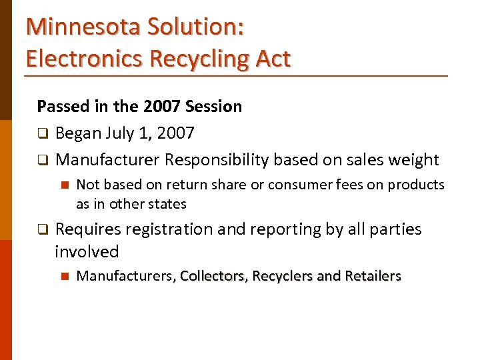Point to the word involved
point(87,252)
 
